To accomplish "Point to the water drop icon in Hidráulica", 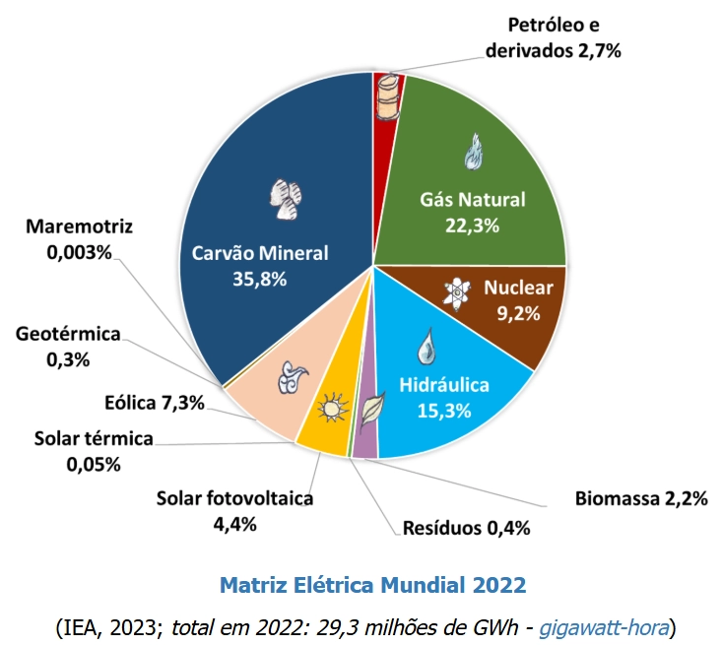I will coord(426,346).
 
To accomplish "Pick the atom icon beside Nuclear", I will coord(457,290).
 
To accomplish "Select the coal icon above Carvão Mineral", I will coord(286,199).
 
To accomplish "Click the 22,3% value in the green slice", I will coord(473,225).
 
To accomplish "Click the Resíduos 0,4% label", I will coord(467,528).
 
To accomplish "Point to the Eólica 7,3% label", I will coord(155,402).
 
